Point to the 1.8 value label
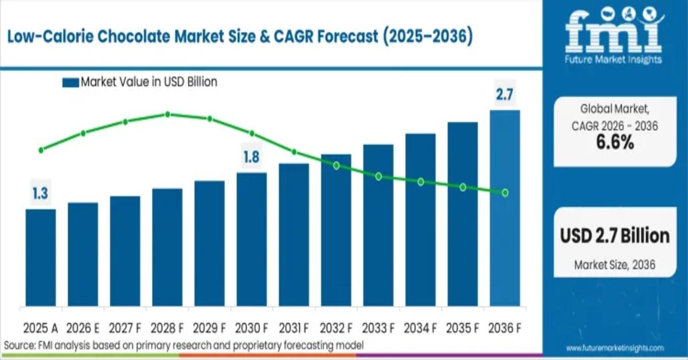coord(252,156)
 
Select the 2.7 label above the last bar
coord(505,95)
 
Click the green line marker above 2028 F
coord(167,114)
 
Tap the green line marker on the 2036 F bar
coord(505,193)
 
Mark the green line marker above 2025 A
coord(41,150)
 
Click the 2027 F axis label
coord(125,328)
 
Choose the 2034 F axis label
coord(420,328)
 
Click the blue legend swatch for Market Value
coord(70,83)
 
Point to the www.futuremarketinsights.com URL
coord(615,348)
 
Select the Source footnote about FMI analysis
coord(183,345)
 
